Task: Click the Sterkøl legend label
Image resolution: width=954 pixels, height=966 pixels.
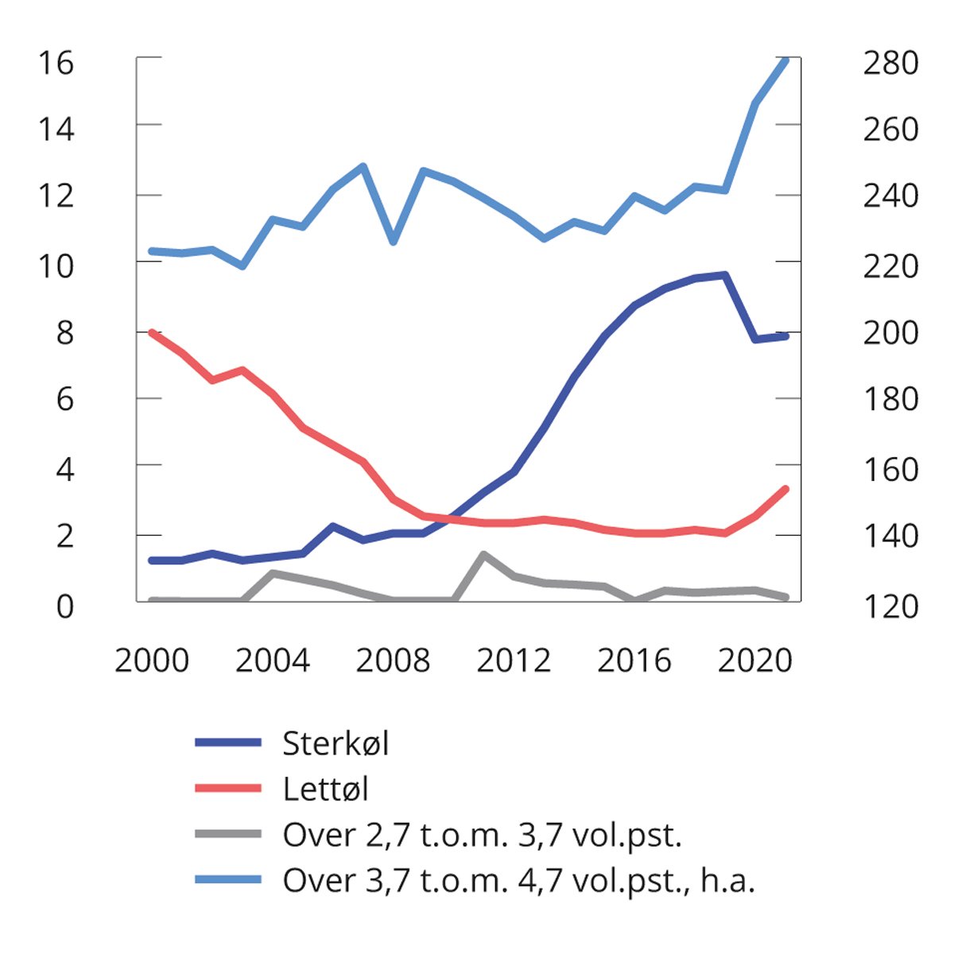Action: (x=335, y=743)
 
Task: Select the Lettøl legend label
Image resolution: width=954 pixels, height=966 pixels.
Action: (x=326, y=789)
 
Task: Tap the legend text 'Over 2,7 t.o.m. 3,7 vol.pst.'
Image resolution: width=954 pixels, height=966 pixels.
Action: (x=483, y=835)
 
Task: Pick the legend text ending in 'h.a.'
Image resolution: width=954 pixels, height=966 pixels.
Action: (x=518, y=880)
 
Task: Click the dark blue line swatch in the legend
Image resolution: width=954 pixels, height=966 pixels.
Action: (x=228, y=743)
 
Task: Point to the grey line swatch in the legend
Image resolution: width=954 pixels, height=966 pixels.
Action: (x=228, y=834)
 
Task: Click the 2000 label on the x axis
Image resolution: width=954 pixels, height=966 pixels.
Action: (x=152, y=661)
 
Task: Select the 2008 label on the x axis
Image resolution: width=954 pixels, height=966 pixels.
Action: (x=393, y=661)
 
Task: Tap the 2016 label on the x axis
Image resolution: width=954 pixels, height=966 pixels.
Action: (x=634, y=661)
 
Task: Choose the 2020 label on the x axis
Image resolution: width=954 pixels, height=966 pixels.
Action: (x=754, y=661)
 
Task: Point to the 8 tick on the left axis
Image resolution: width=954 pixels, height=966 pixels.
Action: (x=64, y=332)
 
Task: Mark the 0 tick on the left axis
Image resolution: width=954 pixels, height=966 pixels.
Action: (x=64, y=606)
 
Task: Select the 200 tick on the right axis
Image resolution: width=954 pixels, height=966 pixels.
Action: (x=890, y=332)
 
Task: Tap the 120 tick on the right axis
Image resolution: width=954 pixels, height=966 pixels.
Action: (x=890, y=606)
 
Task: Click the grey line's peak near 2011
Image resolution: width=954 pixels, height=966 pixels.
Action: (x=483, y=554)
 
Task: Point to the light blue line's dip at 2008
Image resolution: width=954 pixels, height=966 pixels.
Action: (x=393, y=241)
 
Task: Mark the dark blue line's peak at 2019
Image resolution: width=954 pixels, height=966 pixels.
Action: (x=725, y=275)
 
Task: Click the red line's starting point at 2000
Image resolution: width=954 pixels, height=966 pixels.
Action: (x=152, y=332)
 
